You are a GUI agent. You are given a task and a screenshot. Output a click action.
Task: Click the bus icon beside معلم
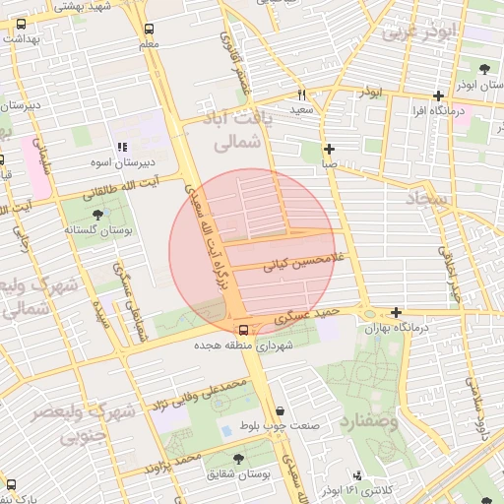point(149,30)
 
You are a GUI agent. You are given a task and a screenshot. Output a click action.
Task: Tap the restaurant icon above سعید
point(301,95)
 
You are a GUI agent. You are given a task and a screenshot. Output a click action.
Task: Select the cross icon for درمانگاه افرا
point(439,96)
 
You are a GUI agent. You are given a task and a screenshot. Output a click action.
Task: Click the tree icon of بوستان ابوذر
point(485,68)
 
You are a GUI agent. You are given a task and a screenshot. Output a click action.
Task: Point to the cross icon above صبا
point(329,149)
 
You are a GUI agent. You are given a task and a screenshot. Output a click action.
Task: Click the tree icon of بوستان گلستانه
point(96,213)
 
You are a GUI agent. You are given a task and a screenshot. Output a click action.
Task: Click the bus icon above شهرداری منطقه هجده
point(243,330)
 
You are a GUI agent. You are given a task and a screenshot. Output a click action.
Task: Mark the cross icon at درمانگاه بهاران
point(396,312)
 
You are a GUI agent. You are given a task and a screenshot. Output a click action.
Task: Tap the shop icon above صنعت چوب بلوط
point(281,410)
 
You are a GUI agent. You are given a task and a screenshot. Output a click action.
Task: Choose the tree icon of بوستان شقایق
point(234,458)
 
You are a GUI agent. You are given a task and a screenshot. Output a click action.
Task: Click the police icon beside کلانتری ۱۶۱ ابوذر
point(356,475)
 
